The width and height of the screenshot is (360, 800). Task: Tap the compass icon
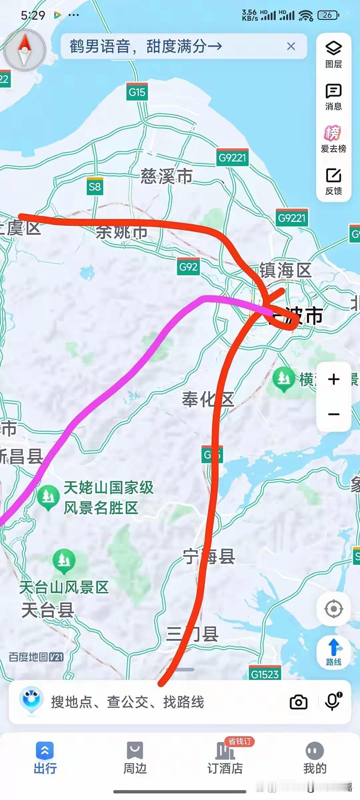[x=24, y=50]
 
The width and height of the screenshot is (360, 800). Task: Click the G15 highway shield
[x=137, y=92]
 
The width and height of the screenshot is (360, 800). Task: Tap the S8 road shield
[x=95, y=187]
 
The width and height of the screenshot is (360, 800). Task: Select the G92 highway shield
[x=188, y=267]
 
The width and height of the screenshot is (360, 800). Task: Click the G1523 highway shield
[x=265, y=674]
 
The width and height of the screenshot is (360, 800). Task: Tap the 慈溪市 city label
[x=166, y=176]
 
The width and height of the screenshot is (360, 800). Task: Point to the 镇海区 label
[x=285, y=270]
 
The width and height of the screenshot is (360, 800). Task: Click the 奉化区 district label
[x=208, y=399]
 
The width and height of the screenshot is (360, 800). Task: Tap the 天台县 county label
[x=48, y=610]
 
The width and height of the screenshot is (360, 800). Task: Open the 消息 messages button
[x=333, y=97]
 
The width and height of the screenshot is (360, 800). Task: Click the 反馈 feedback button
[x=333, y=181]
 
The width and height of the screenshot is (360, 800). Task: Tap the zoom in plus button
[x=333, y=379]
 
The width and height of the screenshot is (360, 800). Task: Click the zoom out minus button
[x=333, y=414]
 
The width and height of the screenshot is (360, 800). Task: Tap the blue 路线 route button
[x=333, y=652]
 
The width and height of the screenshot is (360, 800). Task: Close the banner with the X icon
[x=291, y=46]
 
